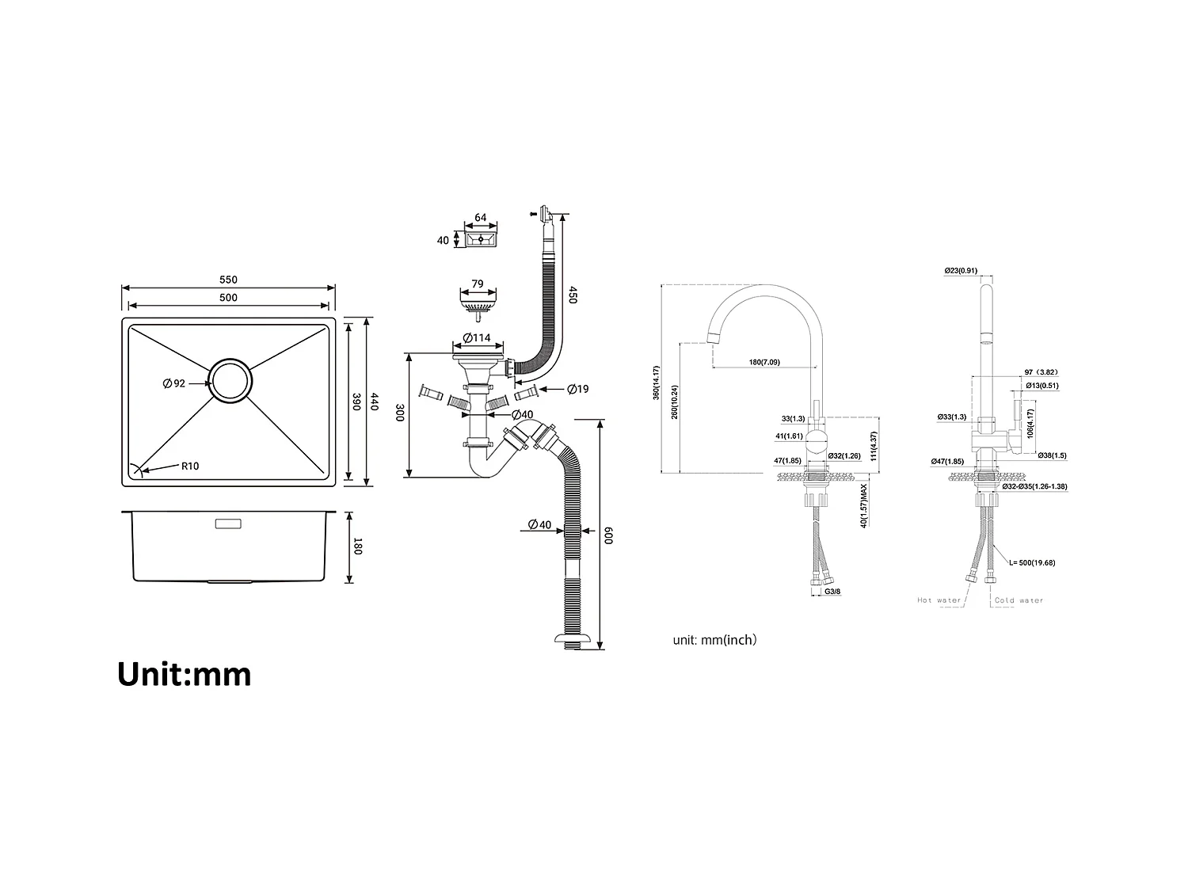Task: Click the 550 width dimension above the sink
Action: [228, 280]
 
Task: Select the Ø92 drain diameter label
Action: [173, 383]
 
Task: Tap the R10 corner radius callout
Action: [190, 466]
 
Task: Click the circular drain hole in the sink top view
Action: [230, 382]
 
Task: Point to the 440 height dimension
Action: [375, 402]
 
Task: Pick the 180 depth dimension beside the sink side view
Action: [357, 546]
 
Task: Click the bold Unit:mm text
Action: [185, 674]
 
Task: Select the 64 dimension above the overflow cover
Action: [480, 218]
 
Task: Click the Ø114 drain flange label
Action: [477, 338]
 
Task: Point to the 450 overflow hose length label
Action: [573, 296]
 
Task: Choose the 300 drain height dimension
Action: [399, 413]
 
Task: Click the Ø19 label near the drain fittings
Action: [577, 389]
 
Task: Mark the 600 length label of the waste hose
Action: [608, 535]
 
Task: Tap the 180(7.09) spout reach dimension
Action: [764, 362]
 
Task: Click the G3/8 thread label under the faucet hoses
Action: [832, 591]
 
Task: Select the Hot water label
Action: [939, 600]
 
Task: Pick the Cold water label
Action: [1019, 600]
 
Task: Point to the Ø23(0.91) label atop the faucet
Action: [961, 271]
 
